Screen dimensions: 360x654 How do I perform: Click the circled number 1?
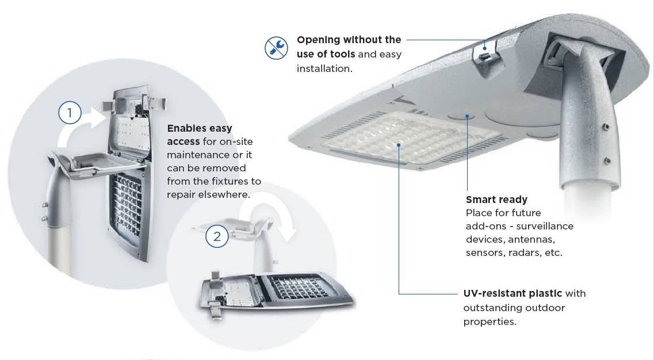[x=70, y=113]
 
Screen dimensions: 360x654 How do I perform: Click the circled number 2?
[x=217, y=236]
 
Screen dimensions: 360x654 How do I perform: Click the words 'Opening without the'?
[x=349, y=40]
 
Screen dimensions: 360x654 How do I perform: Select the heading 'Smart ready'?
[x=496, y=200]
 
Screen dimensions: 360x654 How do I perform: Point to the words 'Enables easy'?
[x=199, y=128]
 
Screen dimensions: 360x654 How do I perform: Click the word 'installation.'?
[x=324, y=68]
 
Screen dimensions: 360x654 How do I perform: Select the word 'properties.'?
[x=489, y=321]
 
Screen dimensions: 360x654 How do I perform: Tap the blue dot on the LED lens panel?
[x=399, y=145]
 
